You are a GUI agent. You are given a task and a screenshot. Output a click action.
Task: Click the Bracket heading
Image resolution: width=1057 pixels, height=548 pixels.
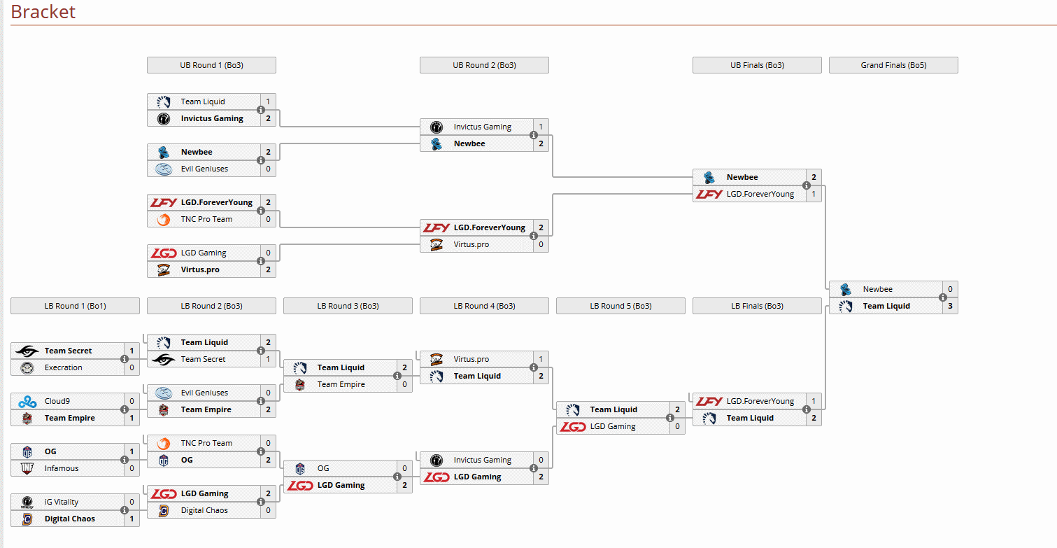[43, 12]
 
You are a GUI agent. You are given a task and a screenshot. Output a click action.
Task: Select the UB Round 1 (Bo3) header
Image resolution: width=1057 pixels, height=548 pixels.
[211, 65]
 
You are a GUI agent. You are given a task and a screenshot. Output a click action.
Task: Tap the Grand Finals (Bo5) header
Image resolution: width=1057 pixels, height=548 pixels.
[893, 65]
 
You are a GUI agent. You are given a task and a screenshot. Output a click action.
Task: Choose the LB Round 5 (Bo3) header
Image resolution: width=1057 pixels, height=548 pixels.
[620, 306]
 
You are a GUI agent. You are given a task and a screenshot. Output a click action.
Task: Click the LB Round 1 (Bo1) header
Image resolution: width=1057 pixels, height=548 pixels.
[75, 306]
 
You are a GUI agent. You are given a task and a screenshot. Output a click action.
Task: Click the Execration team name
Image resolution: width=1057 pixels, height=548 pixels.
[64, 367]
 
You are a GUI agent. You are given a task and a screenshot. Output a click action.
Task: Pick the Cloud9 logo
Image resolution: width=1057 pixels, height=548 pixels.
[27, 401]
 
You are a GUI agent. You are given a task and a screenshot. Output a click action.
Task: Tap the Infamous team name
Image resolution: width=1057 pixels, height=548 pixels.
[62, 468]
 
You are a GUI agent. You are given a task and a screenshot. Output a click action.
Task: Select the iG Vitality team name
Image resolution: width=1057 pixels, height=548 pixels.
[62, 502]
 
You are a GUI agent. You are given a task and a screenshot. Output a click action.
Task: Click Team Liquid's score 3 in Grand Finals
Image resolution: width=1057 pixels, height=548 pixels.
[950, 306]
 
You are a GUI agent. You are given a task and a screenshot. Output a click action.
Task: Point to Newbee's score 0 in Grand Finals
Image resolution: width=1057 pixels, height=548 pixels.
[950, 289]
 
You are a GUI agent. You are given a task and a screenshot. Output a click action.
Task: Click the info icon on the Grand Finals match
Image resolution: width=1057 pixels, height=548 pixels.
[943, 297]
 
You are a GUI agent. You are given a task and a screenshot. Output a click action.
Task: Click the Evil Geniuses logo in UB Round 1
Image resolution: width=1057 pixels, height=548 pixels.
[164, 169]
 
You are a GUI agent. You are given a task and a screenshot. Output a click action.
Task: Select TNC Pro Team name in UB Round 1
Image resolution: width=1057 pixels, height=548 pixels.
[206, 219]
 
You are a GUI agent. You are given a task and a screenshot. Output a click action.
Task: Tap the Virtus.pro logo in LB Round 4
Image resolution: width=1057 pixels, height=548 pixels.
[437, 359]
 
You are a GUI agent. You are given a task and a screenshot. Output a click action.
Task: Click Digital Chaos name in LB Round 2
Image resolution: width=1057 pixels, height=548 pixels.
[204, 510]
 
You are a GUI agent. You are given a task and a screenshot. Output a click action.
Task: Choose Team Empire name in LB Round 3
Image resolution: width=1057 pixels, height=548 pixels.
[341, 384]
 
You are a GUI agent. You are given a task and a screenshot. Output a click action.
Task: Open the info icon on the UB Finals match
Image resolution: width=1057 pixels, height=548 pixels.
[807, 185]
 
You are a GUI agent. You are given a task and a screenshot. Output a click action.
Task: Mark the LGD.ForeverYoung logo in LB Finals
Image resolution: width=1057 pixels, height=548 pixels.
[709, 401]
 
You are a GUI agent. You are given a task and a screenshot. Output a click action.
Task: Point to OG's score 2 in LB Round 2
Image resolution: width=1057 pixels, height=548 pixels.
[268, 460]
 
